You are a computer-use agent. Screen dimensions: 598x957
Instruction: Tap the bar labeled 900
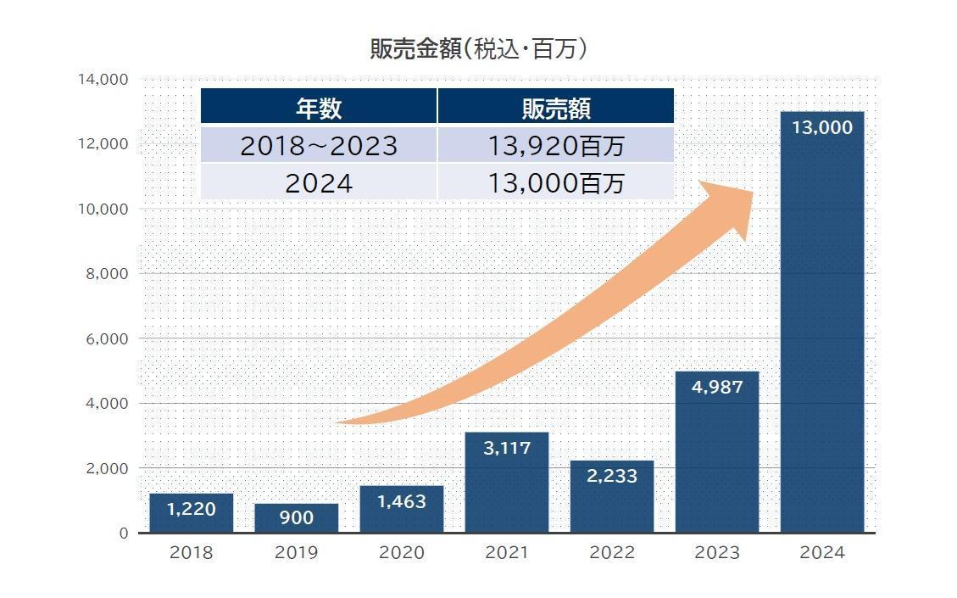pyautogui.click(x=296, y=517)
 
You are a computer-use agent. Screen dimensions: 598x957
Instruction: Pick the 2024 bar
pyautogui.click(x=821, y=322)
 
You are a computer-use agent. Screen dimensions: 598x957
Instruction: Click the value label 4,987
pyautogui.click(x=716, y=388)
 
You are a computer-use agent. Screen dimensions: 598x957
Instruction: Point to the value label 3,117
pyautogui.click(x=507, y=448)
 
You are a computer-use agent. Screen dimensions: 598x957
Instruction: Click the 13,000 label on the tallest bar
pyautogui.click(x=821, y=128)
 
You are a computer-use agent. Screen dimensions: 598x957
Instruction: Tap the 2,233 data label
pyautogui.click(x=612, y=476)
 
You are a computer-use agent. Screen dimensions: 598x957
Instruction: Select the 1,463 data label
pyautogui.click(x=401, y=501)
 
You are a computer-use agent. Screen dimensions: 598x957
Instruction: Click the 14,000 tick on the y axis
pyautogui.click(x=103, y=80)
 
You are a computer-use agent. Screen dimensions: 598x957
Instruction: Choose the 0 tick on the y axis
pyautogui.click(x=123, y=534)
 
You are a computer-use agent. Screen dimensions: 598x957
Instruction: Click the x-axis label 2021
pyautogui.click(x=507, y=553)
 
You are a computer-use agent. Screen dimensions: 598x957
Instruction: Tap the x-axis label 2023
pyautogui.click(x=716, y=553)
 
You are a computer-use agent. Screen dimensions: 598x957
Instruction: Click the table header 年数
pyautogui.click(x=319, y=108)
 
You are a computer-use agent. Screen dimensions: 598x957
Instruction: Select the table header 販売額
pyautogui.click(x=555, y=108)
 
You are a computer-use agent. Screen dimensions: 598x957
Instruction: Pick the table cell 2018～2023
pyautogui.click(x=319, y=146)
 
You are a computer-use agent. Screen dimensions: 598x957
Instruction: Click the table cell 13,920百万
pyautogui.click(x=555, y=146)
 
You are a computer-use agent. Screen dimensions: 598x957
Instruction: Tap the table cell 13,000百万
pyautogui.click(x=555, y=182)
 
